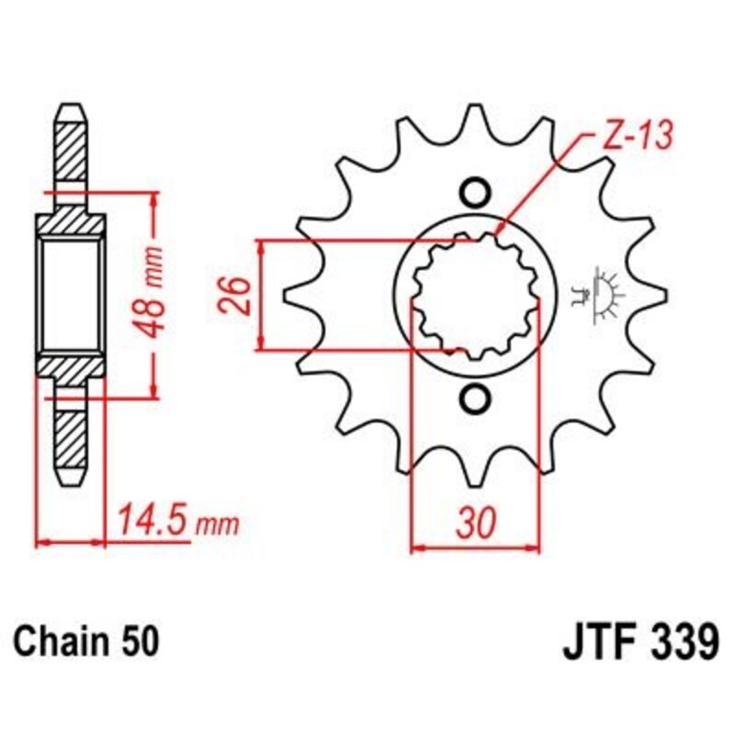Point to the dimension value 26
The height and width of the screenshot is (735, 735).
(x=236, y=296)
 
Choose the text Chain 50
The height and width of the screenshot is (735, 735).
(x=85, y=639)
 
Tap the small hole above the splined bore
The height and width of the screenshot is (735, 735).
(x=475, y=192)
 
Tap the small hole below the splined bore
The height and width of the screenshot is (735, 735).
(x=475, y=399)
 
